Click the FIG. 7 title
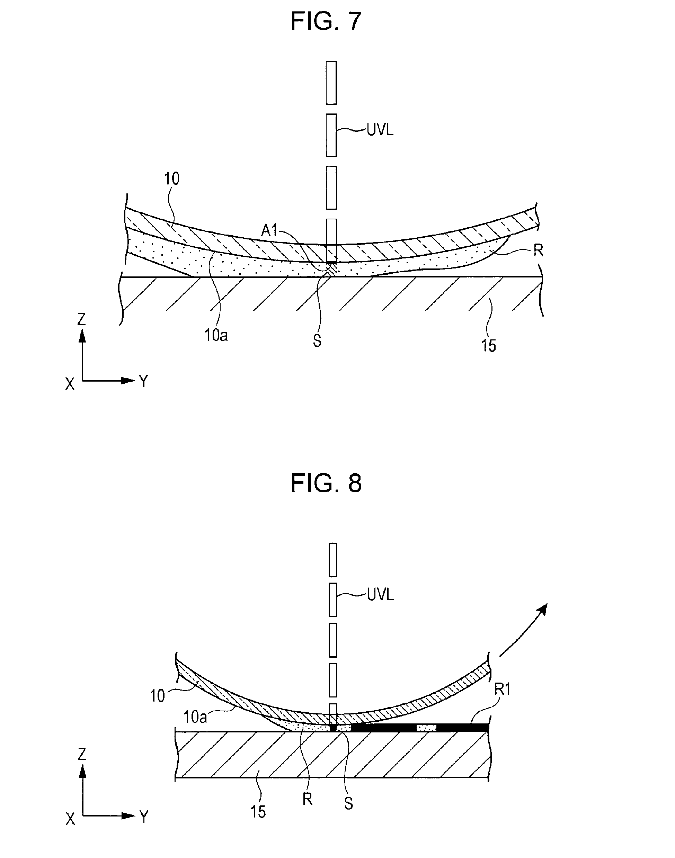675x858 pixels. [x=326, y=21]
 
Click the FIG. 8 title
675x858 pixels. [x=326, y=483]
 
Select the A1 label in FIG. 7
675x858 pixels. [x=270, y=230]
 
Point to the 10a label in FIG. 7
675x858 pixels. [x=216, y=335]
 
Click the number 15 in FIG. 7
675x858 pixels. [x=488, y=346]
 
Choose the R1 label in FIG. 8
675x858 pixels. [x=503, y=690]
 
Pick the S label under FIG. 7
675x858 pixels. [x=317, y=341]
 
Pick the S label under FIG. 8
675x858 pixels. [x=348, y=804]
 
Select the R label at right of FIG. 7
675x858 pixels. [x=538, y=251]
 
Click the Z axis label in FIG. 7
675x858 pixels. [x=81, y=319]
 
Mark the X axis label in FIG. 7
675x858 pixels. [x=70, y=384]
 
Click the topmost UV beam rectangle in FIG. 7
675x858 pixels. [x=331, y=83]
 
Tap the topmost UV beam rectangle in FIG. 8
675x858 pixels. [x=333, y=560]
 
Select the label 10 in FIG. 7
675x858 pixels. [x=171, y=179]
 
